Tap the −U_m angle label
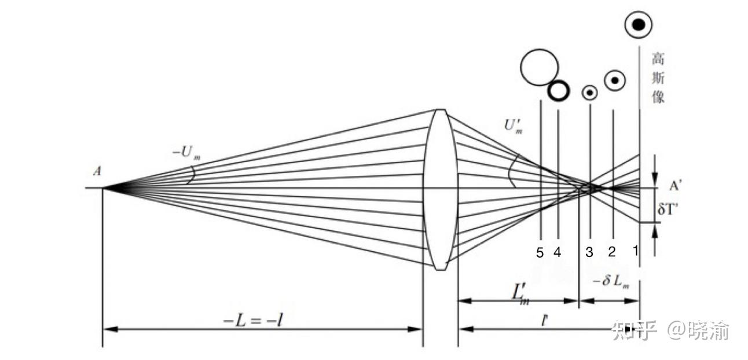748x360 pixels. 186,153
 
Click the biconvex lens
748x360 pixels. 441,189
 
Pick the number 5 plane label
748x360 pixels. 540,253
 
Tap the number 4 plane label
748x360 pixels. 557,253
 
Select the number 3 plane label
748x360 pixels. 589,252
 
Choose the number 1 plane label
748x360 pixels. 635,251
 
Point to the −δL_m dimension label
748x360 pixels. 611,282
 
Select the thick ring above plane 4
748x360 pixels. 559,90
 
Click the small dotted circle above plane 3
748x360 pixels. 590,93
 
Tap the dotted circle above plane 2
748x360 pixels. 615,80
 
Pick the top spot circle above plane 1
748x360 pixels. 638,24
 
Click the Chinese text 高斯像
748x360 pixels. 658,78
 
